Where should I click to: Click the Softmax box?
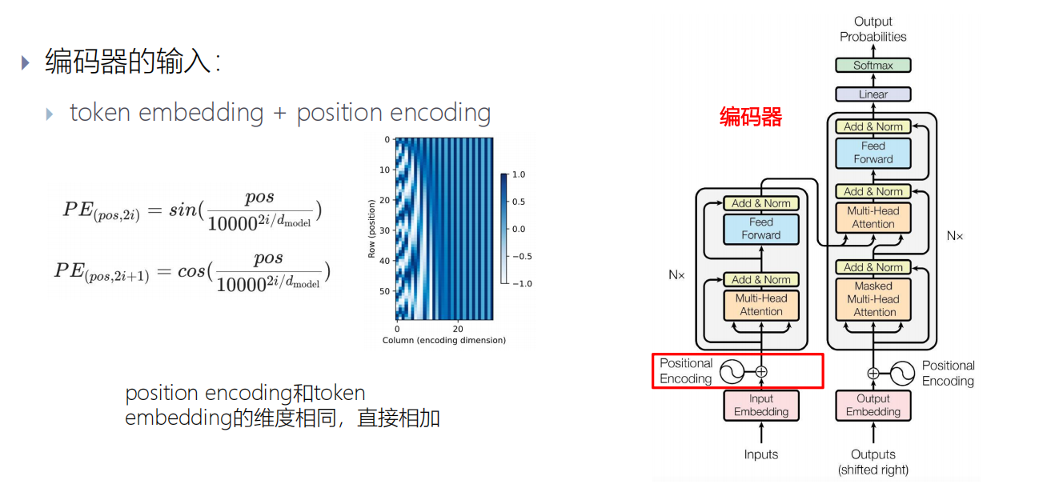[x=872, y=66]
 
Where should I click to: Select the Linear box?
[x=872, y=94]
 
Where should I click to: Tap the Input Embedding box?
[x=760, y=406]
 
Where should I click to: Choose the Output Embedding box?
[x=872, y=406]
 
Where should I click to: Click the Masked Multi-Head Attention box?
[x=872, y=299]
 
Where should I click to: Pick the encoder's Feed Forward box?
[x=760, y=229]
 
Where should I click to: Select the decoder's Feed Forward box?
[x=872, y=153]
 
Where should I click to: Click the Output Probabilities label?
[x=872, y=29]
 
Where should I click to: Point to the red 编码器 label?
[x=750, y=118]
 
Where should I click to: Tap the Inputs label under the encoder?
[x=760, y=454]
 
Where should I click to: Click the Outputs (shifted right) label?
[x=872, y=462]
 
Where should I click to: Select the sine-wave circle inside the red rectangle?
[x=732, y=371]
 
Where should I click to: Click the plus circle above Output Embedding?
[x=873, y=372]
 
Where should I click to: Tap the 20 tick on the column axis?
[x=458, y=329]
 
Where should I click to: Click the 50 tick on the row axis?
[x=384, y=291]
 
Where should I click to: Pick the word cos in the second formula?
[x=191, y=270]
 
